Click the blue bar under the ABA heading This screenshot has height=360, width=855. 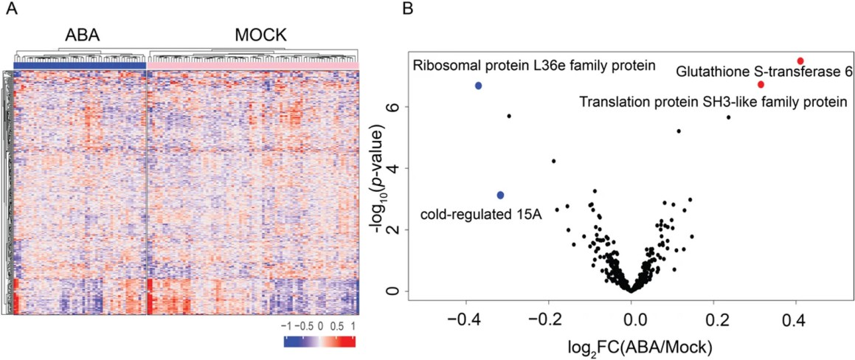point(80,65)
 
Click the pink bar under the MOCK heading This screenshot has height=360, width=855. point(253,65)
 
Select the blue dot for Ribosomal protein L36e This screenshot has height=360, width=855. point(478,86)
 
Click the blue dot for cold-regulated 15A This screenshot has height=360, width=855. point(500,195)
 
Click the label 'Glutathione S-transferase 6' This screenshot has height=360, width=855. point(765,72)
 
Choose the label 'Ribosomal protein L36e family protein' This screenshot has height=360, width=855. point(534,66)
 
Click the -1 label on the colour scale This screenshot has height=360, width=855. point(288,326)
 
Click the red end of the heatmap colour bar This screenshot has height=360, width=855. point(350,342)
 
